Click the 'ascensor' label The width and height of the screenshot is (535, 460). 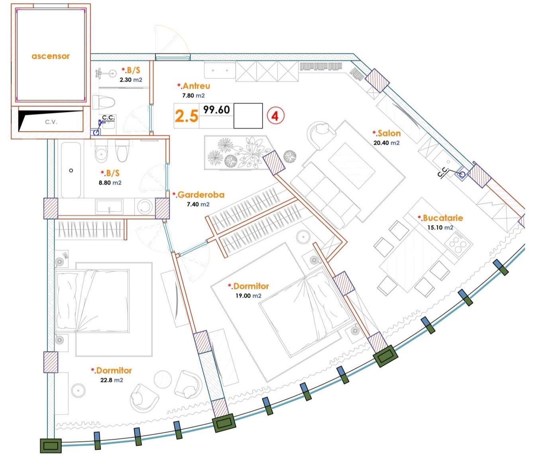point(51,56)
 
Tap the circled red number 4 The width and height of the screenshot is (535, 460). point(275,116)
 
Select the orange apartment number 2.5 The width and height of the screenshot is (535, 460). point(186,116)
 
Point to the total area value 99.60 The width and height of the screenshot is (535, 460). point(216,110)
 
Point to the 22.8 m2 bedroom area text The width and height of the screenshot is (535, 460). point(112,380)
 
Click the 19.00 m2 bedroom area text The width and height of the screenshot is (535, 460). point(249,296)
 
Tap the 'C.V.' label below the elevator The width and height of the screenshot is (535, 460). point(51,122)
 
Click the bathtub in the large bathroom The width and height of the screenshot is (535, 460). point(71,170)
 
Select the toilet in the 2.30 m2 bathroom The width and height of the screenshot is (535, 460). point(104,102)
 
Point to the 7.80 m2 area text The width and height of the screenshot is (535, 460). point(193,96)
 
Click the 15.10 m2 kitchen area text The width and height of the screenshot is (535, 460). point(440,228)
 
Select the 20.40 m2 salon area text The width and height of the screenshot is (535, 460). point(387,143)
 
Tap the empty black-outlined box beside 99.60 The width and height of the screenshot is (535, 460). point(248,116)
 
